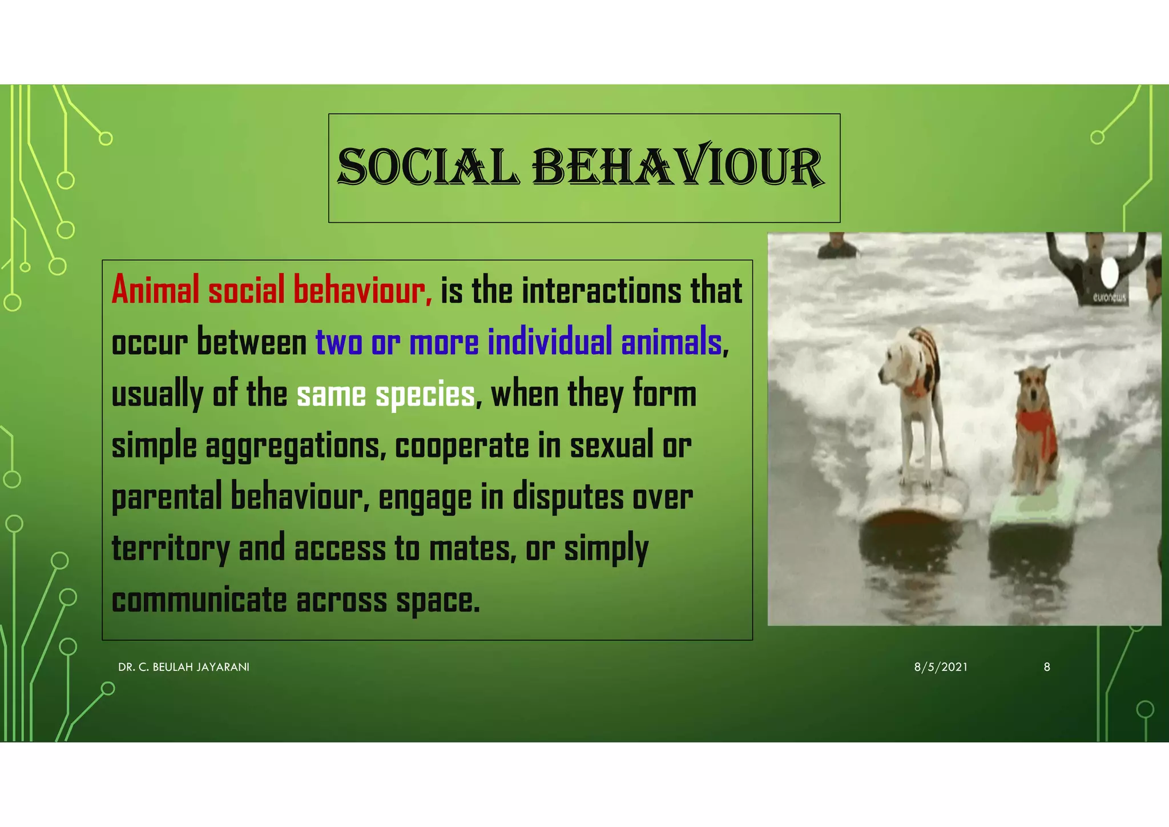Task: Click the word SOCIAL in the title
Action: (x=428, y=167)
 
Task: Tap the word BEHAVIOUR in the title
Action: (x=678, y=167)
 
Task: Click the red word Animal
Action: (x=155, y=290)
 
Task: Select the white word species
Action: (x=425, y=395)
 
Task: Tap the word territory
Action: (x=170, y=549)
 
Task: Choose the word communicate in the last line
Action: (x=199, y=601)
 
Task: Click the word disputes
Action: (x=567, y=497)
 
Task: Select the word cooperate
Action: (x=462, y=446)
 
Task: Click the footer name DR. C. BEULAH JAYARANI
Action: (x=184, y=667)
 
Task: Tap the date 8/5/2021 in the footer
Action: (x=941, y=667)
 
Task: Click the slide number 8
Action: (x=1047, y=667)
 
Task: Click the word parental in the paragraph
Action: (x=166, y=497)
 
